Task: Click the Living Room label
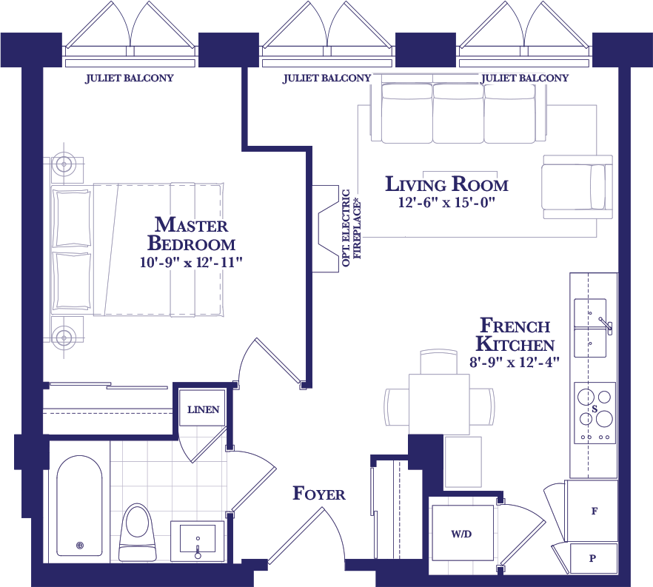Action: (447, 184)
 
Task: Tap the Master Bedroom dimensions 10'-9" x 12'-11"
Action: (191, 262)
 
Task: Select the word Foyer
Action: (319, 493)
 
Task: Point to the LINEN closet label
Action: (203, 409)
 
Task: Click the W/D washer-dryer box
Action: (463, 533)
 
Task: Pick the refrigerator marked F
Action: (592, 511)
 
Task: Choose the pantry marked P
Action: (594, 558)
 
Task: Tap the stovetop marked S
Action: (595, 412)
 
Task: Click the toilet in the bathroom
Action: (138, 532)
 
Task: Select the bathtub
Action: (79, 506)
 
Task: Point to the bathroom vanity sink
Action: (198, 540)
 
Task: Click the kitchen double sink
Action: (591, 328)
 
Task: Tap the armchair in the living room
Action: (577, 187)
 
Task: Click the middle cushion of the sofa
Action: (458, 113)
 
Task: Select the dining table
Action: (439, 404)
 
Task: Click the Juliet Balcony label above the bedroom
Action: (130, 78)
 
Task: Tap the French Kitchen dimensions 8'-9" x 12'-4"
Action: (515, 362)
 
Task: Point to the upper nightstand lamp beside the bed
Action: (64, 164)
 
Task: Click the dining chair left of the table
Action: (397, 406)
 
